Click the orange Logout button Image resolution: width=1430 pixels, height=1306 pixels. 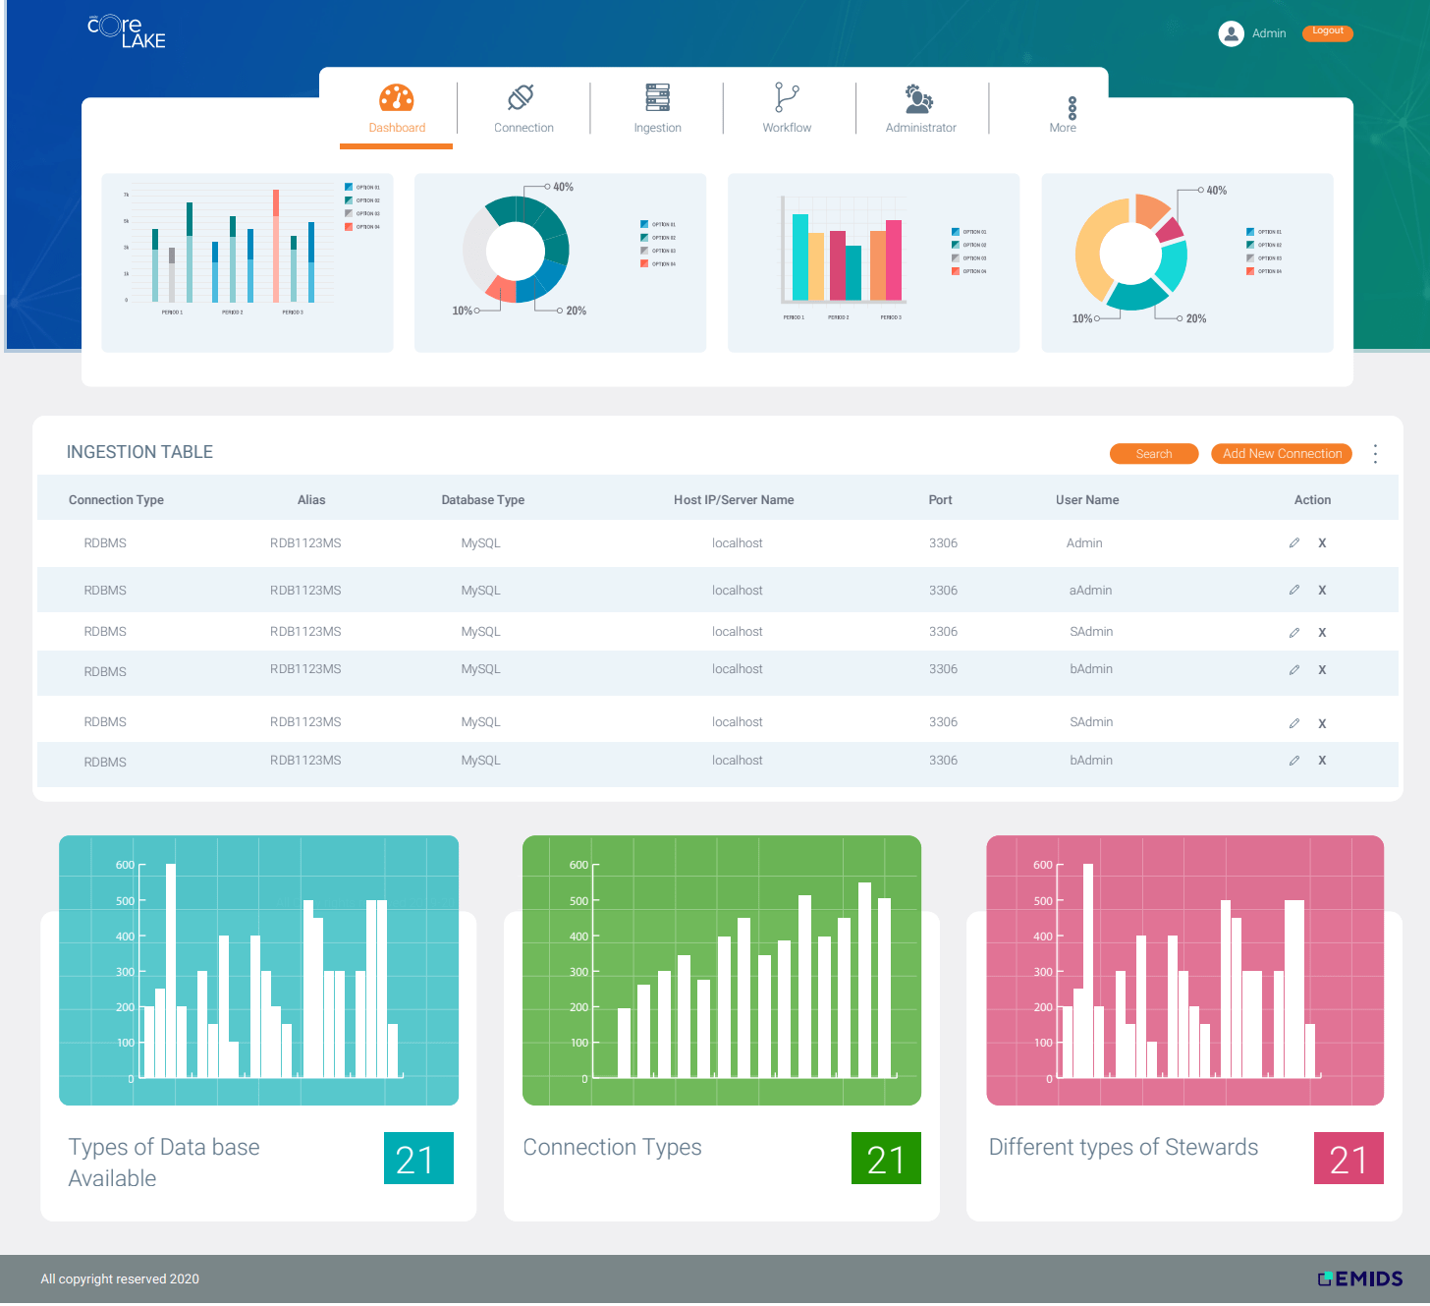tap(1327, 32)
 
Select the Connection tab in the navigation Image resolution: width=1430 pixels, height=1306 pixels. tap(522, 108)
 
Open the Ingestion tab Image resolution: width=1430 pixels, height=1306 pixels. tap(657, 108)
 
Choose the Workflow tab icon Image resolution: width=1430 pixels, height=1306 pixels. tap(787, 98)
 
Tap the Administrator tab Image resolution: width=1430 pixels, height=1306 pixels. tap(920, 108)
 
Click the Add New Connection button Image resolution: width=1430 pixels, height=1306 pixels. tap(1281, 454)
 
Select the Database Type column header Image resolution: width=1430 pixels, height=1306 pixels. tap(482, 500)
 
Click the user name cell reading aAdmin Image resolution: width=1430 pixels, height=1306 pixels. tap(1090, 591)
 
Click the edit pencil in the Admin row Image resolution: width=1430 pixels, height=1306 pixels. tap(1293, 543)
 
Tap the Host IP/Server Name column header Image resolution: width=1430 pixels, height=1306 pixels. tap(733, 500)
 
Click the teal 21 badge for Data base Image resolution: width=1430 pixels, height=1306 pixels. tap(417, 1159)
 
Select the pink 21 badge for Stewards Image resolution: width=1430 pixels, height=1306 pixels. tap(1347, 1159)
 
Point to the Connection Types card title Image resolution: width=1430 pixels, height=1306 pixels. tap(612, 1148)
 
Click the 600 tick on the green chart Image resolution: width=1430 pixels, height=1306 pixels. tap(579, 866)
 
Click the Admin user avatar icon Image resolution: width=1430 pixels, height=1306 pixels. tap(1230, 33)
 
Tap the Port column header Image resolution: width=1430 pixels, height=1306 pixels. tap(940, 500)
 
